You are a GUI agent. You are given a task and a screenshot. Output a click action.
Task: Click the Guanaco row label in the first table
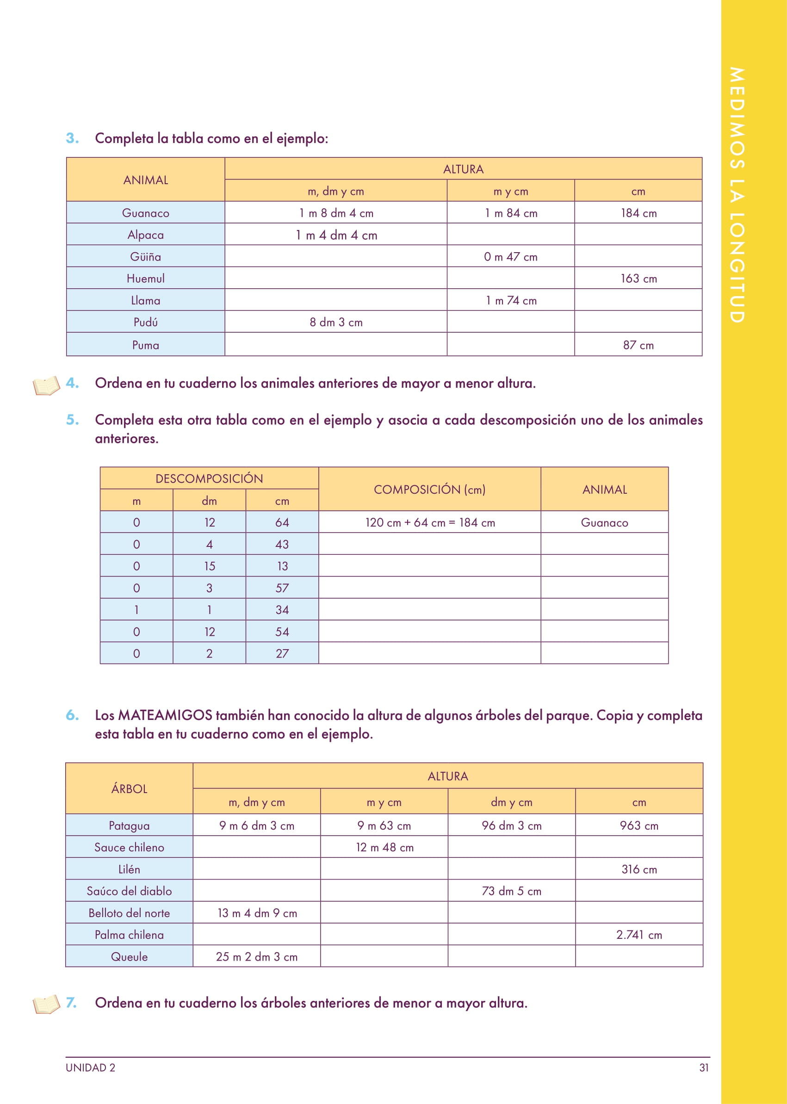[145, 213]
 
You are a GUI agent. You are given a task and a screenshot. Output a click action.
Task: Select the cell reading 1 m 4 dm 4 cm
[336, 235]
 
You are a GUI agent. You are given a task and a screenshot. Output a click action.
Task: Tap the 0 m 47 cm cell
[510, 257]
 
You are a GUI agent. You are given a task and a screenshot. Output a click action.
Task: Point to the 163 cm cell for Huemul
[638, 279]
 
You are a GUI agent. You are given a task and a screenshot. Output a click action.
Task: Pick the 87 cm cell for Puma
[638, 345]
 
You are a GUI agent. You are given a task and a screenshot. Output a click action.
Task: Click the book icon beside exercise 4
[47, 385]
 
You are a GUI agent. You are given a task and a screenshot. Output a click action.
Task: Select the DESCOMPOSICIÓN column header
[209, 478]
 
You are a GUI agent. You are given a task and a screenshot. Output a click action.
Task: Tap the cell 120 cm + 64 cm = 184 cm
[430, 522]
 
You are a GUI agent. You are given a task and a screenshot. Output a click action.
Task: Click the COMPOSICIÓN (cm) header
[429, 490]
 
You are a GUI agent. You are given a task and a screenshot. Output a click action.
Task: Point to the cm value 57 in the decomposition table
[282, 588]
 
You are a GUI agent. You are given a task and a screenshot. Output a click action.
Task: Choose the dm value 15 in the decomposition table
[209, 566]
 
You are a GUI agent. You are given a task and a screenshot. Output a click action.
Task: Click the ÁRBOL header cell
[129, 788]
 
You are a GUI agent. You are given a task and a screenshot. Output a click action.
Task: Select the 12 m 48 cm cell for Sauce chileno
[384, 847]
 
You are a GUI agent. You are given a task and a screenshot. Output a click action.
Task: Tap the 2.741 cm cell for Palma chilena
[638, 934]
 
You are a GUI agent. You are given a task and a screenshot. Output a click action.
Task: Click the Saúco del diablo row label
[129, 891]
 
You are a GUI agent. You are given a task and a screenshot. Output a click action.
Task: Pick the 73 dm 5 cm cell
[511, 891]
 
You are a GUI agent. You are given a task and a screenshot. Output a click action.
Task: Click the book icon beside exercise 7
[47, 1004]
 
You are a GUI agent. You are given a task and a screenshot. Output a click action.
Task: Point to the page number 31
[704, 1067]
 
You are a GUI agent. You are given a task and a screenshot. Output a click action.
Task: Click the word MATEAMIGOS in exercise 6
[165, 715]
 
